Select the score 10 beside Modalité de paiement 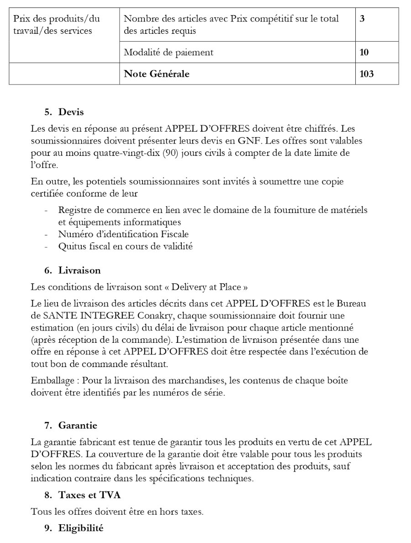coord(364,52)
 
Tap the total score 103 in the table coord(366,74)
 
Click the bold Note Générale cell coord(157,74)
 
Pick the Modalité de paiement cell coord(169,52)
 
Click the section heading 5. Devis coord(64,112)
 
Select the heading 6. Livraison coord(73,270)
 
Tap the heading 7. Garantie coord(71,425)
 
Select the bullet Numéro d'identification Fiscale coord(123,234)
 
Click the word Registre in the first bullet coord(75,210)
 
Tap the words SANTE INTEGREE coord(88,316)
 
